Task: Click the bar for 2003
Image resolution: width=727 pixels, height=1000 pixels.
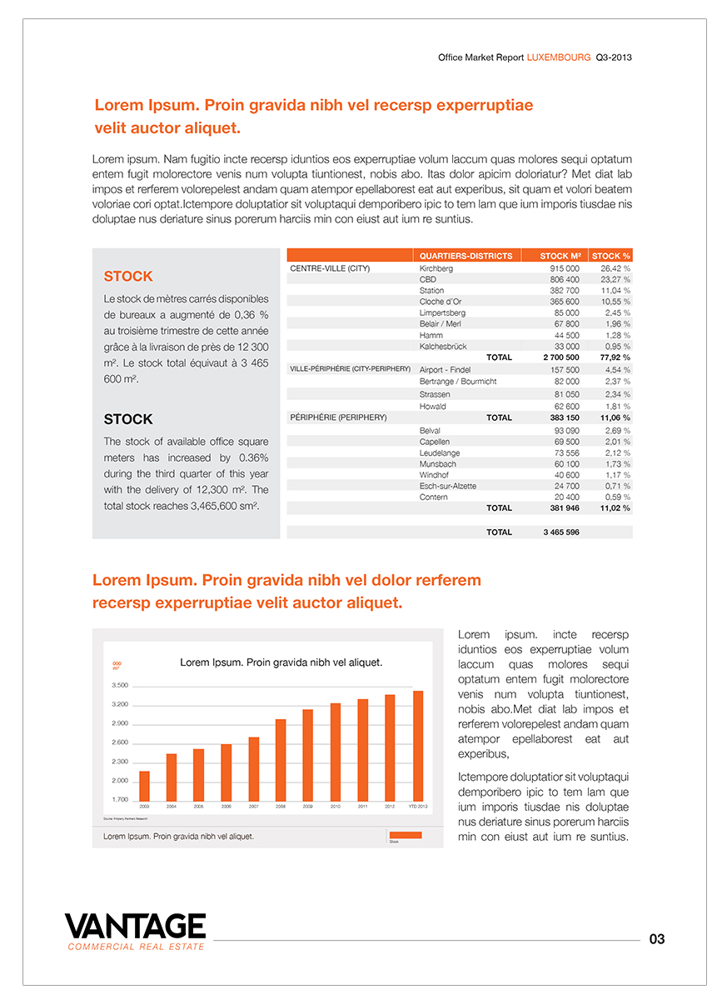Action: tap(144, 786)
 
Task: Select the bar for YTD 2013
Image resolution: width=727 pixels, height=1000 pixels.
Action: tap(418, 746)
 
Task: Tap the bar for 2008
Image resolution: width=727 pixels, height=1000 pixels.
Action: tap(281, 759)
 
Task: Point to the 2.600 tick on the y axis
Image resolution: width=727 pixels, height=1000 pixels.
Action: tap(120, 742)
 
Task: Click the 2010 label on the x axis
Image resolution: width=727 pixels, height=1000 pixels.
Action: tap(336, 807)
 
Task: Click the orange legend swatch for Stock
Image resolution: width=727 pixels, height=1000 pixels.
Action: tap(406, 835)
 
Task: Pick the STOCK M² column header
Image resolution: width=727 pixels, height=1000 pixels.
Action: tap(560, 256)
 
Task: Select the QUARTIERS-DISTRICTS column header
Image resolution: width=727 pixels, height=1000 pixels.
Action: tap(466, 256)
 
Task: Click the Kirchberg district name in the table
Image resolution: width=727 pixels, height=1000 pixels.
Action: tap(436, 269)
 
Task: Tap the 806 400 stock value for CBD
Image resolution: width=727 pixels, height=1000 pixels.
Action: tap(563, 280)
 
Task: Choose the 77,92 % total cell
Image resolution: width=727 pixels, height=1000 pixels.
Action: tap(614, 357)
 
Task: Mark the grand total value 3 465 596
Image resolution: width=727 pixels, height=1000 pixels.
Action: tap(561, 532)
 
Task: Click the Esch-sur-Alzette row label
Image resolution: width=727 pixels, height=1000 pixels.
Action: tap(448, 486)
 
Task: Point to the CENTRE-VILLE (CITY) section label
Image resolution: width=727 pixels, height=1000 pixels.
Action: tap(330, 269)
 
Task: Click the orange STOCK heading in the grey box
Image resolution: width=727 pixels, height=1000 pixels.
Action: tap(128, 277)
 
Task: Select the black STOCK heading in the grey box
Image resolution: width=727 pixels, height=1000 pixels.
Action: tap(128, 419)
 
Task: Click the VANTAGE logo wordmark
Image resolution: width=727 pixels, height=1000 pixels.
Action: tap(135, 927)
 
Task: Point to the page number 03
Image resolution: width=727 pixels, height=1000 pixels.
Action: tap(657, 939)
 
